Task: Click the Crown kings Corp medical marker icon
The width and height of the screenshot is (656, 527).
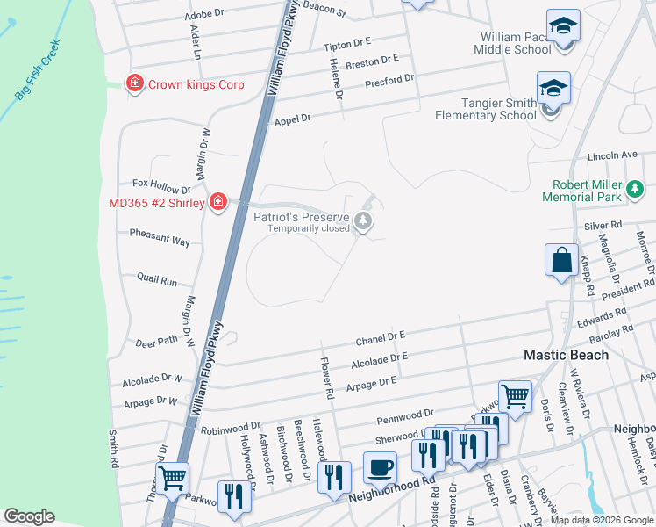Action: [x=135, y=84]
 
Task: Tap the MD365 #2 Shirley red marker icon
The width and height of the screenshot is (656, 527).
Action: [x=218, y=203]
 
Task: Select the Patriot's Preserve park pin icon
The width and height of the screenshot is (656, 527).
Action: [x=364, y=220]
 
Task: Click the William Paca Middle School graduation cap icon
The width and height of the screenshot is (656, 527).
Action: [x=562, y=25]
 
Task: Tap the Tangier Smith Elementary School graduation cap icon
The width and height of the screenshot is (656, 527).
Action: [x=553, y=88]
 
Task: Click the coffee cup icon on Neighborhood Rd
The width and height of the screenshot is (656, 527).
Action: [x=380, y=467]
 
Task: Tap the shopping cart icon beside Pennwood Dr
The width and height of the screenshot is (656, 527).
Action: [x=515, y=395]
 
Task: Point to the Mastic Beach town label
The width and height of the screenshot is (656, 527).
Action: [x=566, y=355]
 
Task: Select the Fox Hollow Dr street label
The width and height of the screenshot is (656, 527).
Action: [x=161, y=187]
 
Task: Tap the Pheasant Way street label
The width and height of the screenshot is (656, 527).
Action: [x=160, y=240]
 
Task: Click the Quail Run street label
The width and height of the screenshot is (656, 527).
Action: [x=157, y=281]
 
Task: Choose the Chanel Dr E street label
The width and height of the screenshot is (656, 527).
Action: [x=380, y=337]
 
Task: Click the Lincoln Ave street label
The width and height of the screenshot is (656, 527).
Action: [x=612, y=155]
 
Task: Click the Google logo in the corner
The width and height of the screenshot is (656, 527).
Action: [x=29, y=516]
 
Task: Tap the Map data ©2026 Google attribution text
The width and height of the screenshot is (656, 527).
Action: [x=602, y=520]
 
